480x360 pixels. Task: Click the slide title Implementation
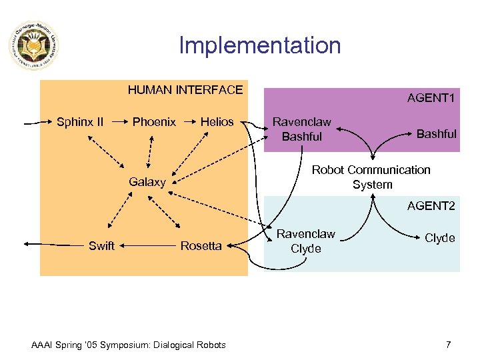[260, 45]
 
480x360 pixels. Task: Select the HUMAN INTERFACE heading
[185, 90]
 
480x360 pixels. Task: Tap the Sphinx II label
[80, 122]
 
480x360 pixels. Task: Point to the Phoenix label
[154, 122]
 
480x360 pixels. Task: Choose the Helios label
[217, 122]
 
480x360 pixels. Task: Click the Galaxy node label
[147, 182]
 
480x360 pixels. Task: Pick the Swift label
[101, 246]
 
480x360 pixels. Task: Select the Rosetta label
[201, 246]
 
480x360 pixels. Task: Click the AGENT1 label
[431, 99]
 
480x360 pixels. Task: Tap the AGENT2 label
[431, 207]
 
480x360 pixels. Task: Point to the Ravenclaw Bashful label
[302, 129]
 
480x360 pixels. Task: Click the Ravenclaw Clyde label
[306, 241]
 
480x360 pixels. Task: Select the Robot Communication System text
[372, 177]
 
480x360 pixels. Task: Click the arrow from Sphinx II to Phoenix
[120, 122]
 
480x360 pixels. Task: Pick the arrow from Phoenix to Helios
[189, 122]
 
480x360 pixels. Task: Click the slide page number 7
[448, 345]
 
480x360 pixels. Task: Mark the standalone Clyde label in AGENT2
[440, 238]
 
